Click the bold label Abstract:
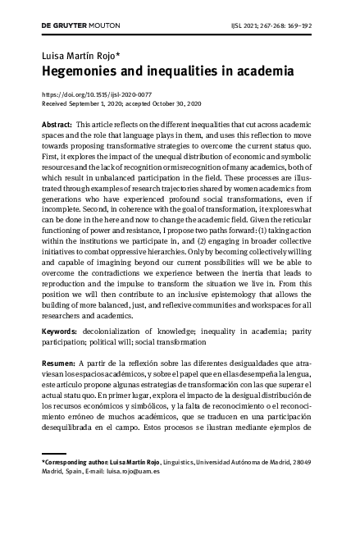57,122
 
